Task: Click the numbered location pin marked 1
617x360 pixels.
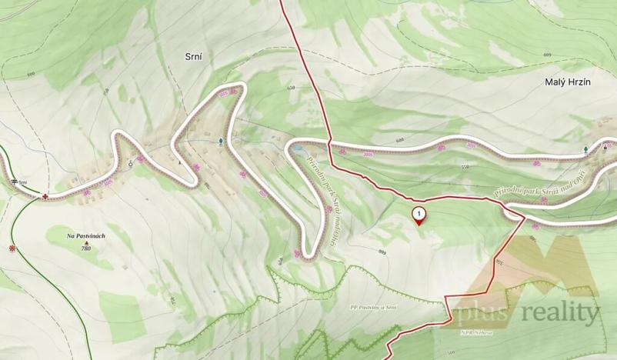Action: coord(419,215)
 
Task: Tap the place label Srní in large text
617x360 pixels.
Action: coord(194,56)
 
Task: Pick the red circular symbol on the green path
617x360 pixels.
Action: coord(12,248)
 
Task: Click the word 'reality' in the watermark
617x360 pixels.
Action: coord(561,312)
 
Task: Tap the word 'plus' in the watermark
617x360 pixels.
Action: coord(479,313)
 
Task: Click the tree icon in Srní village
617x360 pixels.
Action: coord(222,141)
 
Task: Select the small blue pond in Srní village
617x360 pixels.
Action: coord(235,140)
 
